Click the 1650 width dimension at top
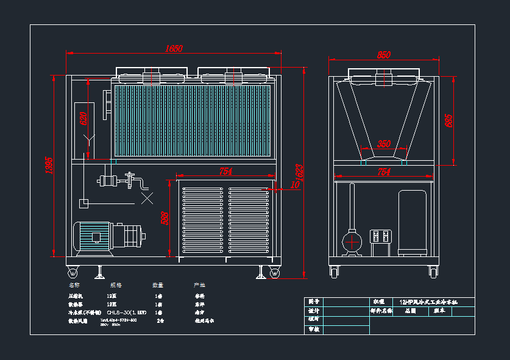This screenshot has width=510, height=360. coord(174,49)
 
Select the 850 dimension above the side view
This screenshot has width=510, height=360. coord(383,55)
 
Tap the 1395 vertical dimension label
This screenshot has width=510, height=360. coord(50,165)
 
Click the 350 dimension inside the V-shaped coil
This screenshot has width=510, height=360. coord(383,144)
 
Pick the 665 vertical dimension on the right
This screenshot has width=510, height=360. coord(449,120)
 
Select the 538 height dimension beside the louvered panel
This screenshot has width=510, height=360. coord(164,218)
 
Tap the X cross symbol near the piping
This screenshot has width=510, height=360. coord(147,198)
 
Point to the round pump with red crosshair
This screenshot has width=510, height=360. coord(351,241)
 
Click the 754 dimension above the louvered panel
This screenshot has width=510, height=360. coord(225,172)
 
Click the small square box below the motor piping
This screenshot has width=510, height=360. coord(84,202)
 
